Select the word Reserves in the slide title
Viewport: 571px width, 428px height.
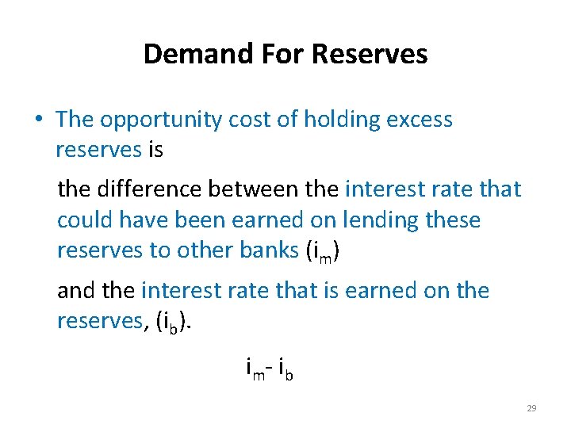coord(370,54)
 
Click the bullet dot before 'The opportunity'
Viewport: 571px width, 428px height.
coord(38,120)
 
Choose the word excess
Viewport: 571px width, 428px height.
coord(417,120)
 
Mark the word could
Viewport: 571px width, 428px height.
coord(82,220)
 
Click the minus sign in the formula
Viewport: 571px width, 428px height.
coord(270,368)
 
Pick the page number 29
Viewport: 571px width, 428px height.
coord(531,408)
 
